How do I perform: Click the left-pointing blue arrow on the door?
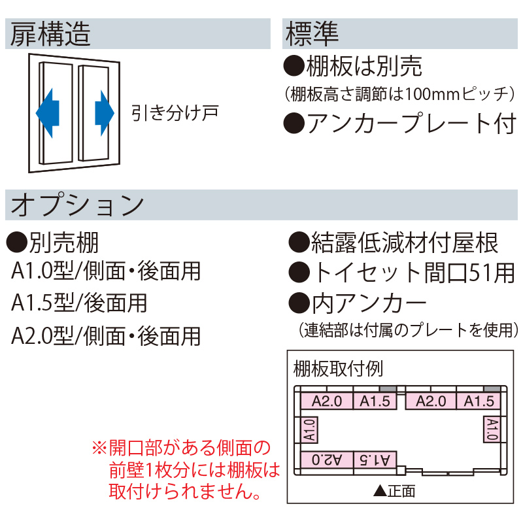pyautogui.click(x=48, y=112)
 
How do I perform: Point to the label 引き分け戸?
pyautogui.click(x=173, y=112)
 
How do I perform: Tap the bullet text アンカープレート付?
pyautogui.click(x=409, y=123)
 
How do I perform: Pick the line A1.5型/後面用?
pyautogui.click(x=79, y=303)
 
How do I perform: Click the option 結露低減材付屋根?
pyautogui.click(x=402, y=243)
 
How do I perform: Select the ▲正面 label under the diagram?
pyautogui.click(x=394, y=490)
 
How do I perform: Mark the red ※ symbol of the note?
pyautogui.click(x=98, y=448)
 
